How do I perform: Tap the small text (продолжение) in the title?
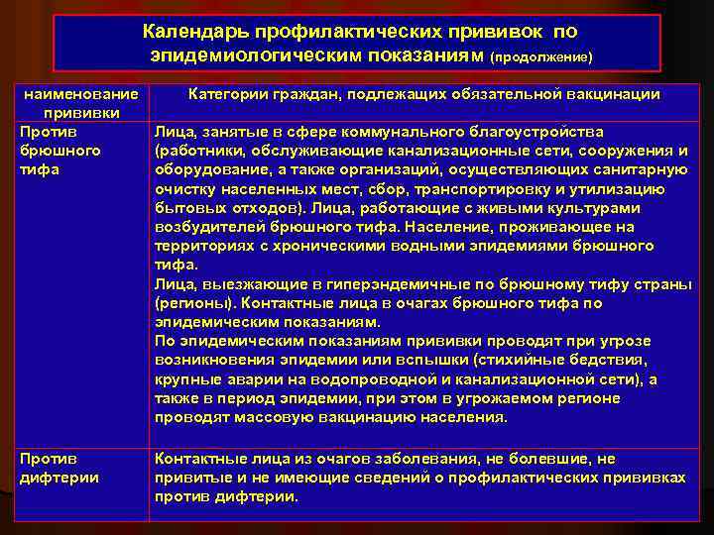540,57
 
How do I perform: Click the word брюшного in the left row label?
59,151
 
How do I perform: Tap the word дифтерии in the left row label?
59,478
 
